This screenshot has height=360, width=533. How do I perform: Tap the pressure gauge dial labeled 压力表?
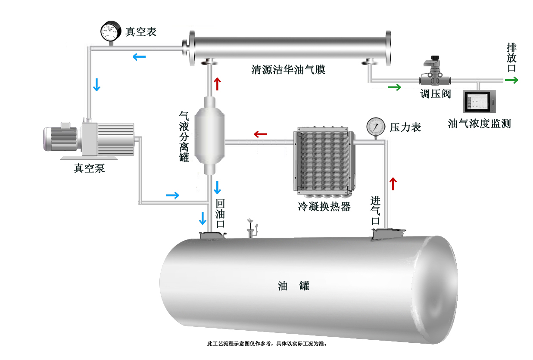pyautogui.click(x=375, y=127)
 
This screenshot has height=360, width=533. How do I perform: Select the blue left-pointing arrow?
pyautogui.click(x=139, y=56)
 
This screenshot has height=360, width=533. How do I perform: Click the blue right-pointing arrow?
pyautogui.click(x=172, y=196)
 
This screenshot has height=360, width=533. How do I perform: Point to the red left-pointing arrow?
pyautogui.click(x=261, y=134)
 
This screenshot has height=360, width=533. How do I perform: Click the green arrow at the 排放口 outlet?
pyautogui.click(x=512, y=80)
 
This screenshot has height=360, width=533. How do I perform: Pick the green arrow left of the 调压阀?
pyautogui.click(x=394, y=88)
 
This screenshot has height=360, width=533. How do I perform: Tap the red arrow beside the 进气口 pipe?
pyautogui.click(x=393, y=184)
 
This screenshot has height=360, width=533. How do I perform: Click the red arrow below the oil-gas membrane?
pyautogui.click(x=217, y=84)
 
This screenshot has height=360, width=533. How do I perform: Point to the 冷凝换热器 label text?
pyautogui.click(x=324, y=207)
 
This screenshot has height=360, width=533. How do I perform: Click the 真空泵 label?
pyautogui.click(x=89, y=168)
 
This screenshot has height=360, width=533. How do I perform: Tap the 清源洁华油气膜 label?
pyautogui.click(x=288, y=70)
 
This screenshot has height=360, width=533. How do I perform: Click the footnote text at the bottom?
pyautogui.click(x=267, y=344)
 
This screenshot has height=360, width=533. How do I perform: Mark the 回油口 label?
pyautogui.click(x=220, y=213)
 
